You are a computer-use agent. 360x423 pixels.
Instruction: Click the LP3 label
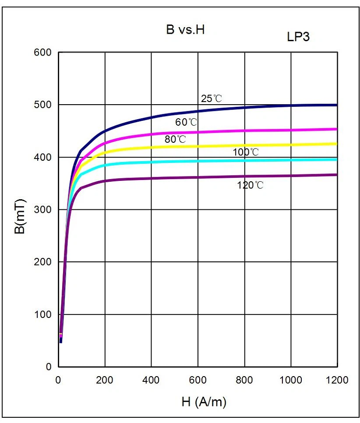pyautogui.click(x=298, y=37)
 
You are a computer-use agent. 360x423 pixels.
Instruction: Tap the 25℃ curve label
pyautogui.click(x=212, y=99)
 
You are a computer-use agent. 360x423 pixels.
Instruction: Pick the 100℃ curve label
pyautogui.click(x=246, y=152)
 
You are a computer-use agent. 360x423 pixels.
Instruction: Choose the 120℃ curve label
pyautogui.click(x=251, y=185)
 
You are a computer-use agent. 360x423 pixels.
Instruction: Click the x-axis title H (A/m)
pyautogui.click(x=204, y=402)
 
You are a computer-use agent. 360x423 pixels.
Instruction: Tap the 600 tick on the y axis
pyautogui.click(x=42, y=53)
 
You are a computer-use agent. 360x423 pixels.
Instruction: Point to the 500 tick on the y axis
pyautogui.click(x=42, y=105)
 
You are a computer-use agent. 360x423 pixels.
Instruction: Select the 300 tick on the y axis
pyautogui.click(x=42, y=210)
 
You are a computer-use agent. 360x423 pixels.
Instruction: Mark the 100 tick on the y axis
pyautogui.click(x=42, y=314)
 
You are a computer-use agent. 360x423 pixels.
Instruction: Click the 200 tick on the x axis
pyautogui.click(x=105, y=380)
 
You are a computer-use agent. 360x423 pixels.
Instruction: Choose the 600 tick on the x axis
pyautogui.click(x=198, y=380)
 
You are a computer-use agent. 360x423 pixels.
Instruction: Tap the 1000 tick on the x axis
pyautogui.click(x=290, y=380)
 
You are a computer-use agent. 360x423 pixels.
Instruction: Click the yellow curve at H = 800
pyautogui.click(x=244, y=145)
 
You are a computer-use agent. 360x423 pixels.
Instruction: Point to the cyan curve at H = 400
pyautogui.click(x=152, y=162)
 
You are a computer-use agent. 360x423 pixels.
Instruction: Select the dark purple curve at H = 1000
pyautogui.click(x=291, y=176)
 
